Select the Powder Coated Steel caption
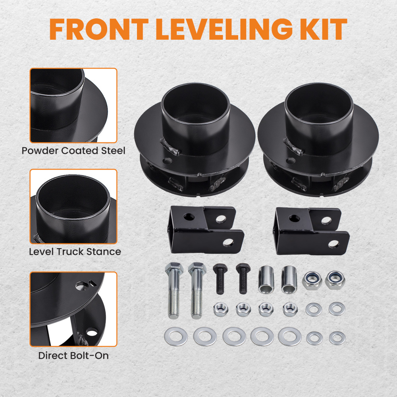(73, 151)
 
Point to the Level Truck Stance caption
(75, 252)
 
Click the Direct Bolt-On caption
(73, 355)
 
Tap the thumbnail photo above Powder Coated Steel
(73, 105)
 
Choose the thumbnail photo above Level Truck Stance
(73, 206)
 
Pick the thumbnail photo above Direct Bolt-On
(73, 309)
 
